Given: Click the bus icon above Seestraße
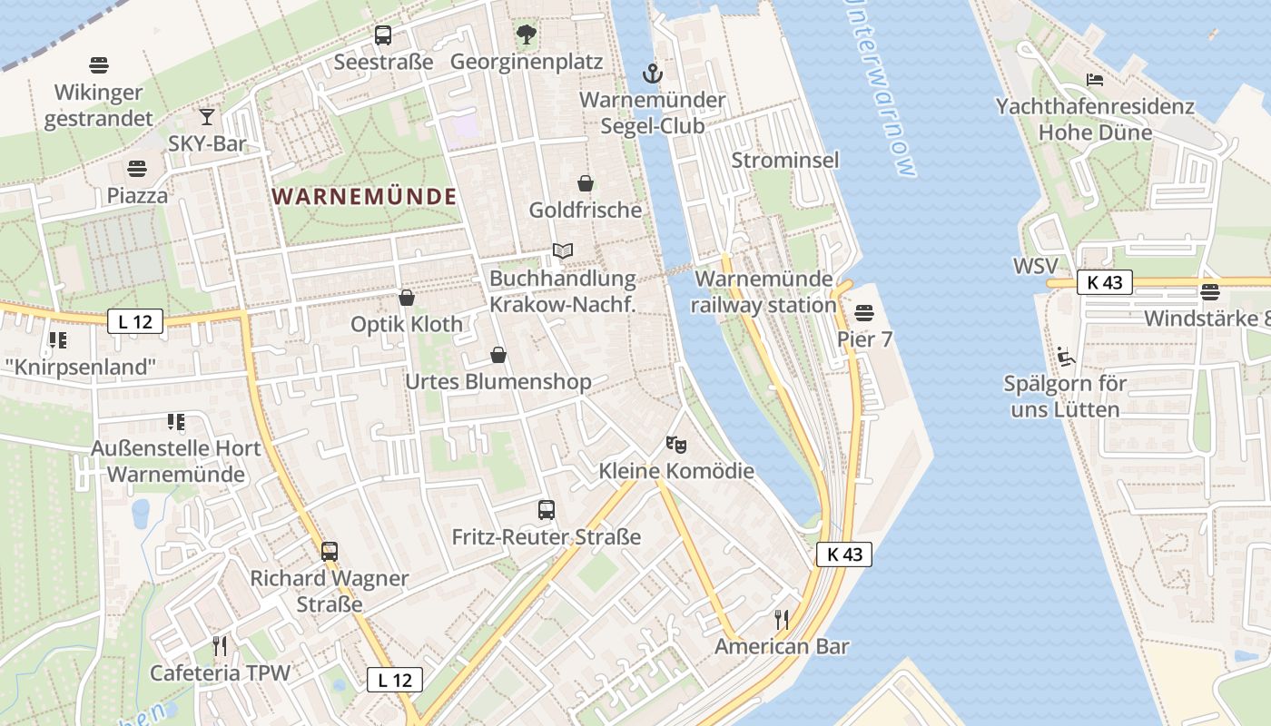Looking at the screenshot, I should (x=383, y=35).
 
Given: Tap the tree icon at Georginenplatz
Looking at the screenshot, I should (x=526, y=35).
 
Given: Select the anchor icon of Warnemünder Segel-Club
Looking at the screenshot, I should (x=652, y=73).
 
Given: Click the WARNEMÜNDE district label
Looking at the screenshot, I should (x=365, y=196).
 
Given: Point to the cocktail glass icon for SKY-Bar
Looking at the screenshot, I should (x=207, y=116).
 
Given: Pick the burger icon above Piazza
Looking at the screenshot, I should (x=137, y=169).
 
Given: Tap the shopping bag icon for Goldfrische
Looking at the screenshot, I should (x=586, y=183).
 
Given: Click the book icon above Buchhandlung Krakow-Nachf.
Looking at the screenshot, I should (x=563, y=251).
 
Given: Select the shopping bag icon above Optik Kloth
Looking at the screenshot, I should (x=407, y=298).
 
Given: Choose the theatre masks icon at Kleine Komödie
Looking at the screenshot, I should (x=676, y=445).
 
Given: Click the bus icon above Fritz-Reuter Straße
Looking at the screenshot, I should (x=546, y=510).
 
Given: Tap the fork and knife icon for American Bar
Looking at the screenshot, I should (x=781, y=620).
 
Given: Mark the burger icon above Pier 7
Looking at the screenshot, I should (x=863, y=313).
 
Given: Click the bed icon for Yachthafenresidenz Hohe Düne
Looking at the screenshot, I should (x=1095, y=80).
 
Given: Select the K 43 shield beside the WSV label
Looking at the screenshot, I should (x=1104, y=282).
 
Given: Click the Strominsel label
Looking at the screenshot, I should (x=785, y=161).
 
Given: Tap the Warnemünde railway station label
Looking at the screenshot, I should (x=763, y=291).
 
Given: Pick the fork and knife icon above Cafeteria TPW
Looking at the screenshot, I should (x=220, y=646).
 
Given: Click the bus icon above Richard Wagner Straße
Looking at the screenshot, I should (x=330, y=552).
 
